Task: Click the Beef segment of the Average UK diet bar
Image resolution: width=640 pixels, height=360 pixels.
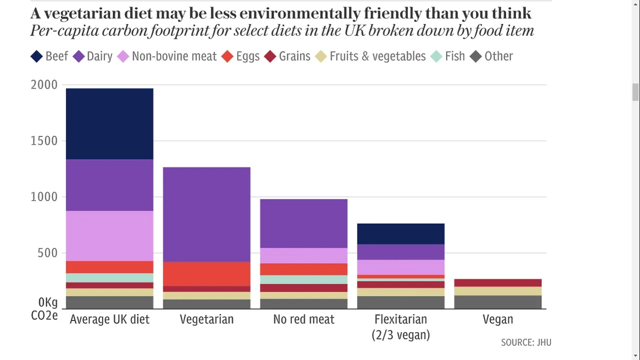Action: point(109,124)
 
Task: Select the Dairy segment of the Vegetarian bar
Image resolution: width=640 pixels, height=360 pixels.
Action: point(206,214)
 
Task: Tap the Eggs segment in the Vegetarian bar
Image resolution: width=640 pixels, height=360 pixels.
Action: point(206,274)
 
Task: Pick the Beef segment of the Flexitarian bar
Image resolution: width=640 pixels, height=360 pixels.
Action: point(401,234)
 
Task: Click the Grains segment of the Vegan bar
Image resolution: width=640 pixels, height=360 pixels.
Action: point(498,283)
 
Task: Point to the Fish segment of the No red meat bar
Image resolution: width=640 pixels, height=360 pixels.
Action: point(304,279)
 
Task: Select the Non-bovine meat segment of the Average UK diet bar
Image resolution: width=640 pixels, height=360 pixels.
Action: point(109,236)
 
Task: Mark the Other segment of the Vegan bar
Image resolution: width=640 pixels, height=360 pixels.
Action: point(498,302)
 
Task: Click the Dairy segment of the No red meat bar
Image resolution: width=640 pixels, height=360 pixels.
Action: point(304,223)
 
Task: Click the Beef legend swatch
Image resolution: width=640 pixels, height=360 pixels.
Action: point(36,56)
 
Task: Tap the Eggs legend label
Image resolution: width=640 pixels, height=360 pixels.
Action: point(247,56)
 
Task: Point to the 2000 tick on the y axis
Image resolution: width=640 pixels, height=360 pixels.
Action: point(44,85)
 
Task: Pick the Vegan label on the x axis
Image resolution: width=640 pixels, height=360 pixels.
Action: point(498,319)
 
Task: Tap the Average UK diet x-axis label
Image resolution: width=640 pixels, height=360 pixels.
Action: point(109,319)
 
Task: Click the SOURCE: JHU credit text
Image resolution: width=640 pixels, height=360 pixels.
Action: point(526,342)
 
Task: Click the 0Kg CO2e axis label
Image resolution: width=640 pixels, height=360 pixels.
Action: point(44,309)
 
